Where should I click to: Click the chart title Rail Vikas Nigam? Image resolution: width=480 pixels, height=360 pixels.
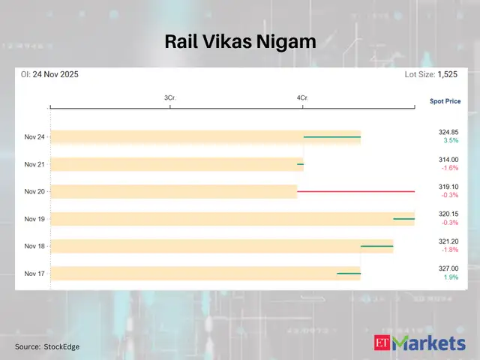[240, 43]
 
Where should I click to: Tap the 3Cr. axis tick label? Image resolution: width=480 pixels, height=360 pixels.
[170, 98]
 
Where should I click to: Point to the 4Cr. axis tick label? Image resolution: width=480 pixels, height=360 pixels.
[302, 98]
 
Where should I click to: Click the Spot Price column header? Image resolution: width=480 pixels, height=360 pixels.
[445, 100]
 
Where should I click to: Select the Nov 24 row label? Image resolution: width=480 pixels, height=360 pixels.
[34, 137]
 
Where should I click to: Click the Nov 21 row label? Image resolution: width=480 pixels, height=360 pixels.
[34, 164]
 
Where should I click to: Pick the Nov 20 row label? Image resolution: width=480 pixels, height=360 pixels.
[34, 192]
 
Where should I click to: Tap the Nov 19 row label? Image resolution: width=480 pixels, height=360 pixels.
[34, 219]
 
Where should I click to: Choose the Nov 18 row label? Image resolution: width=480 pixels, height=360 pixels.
[34, 246]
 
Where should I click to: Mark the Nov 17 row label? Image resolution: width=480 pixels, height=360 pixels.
[34, 274]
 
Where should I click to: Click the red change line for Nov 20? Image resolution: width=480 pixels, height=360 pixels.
[355, 191]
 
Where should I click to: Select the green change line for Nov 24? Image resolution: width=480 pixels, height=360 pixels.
[331, 137]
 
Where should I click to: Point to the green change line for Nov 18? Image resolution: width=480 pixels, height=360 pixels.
[376, 246]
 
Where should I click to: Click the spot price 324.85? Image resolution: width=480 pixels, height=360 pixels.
[448, 132]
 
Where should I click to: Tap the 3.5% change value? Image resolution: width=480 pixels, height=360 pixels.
[451, 141]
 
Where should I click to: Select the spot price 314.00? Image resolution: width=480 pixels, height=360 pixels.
[448, 160]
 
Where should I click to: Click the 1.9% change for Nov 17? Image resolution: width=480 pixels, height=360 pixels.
[451, 277]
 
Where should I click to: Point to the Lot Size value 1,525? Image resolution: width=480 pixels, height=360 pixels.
[448, 75]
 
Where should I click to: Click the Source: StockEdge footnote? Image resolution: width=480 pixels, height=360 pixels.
[47, 346]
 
